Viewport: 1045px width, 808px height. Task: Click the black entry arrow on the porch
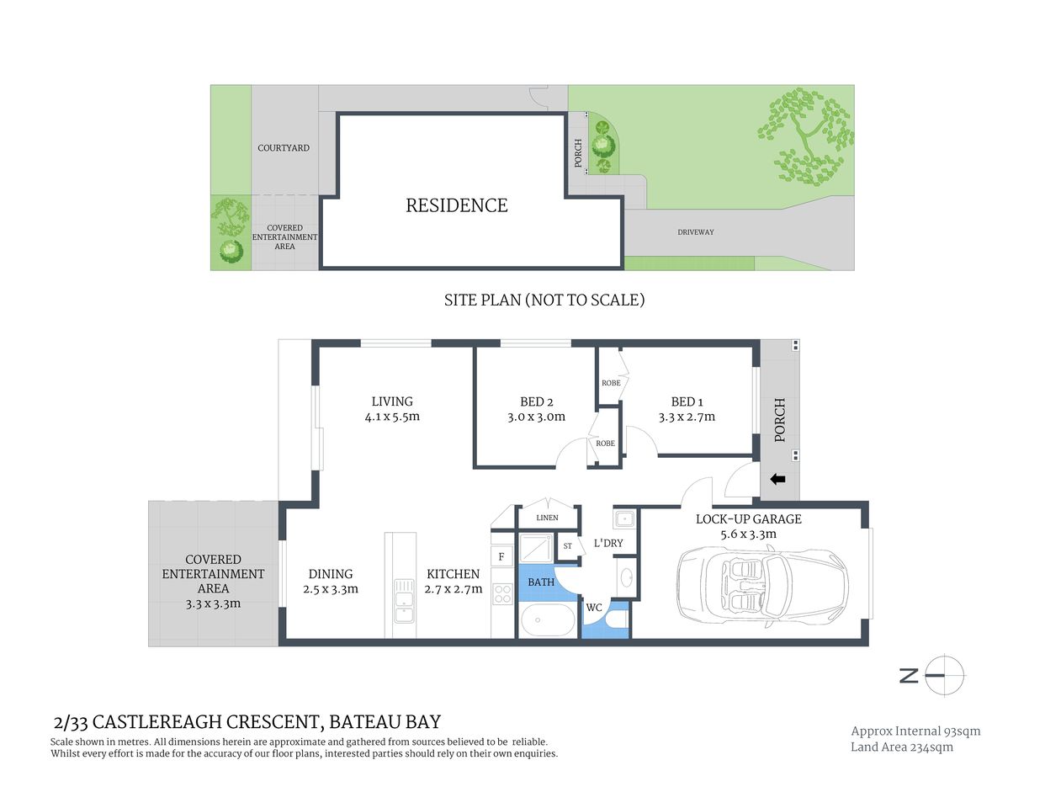coord(777,479)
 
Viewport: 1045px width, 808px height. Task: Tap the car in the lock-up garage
coord(761,586)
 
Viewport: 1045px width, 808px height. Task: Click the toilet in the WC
coord(617,620)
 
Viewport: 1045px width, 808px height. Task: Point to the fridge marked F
coord(502,556)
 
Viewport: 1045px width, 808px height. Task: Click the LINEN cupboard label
coord(547,518)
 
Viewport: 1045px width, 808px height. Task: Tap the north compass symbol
coord(944,675)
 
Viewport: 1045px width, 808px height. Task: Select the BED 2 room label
coord(536,401)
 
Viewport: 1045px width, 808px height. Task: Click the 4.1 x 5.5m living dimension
coord(392,417)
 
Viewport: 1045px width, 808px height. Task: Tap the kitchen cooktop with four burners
coord(502,593)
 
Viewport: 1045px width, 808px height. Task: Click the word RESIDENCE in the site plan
coord(456,205)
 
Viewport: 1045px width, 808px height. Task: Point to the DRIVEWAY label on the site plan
coord(695,232)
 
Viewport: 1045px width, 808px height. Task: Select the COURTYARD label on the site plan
coord(284,148)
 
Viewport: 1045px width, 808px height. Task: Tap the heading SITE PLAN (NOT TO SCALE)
coord(544,300)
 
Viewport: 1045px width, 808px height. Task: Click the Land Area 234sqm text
coord(901,747)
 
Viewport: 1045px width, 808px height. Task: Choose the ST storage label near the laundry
coord(568,546)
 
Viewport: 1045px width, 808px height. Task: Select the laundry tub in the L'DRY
coord(624,518)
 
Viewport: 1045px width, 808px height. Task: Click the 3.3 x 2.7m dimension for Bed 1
coord(687,417)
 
